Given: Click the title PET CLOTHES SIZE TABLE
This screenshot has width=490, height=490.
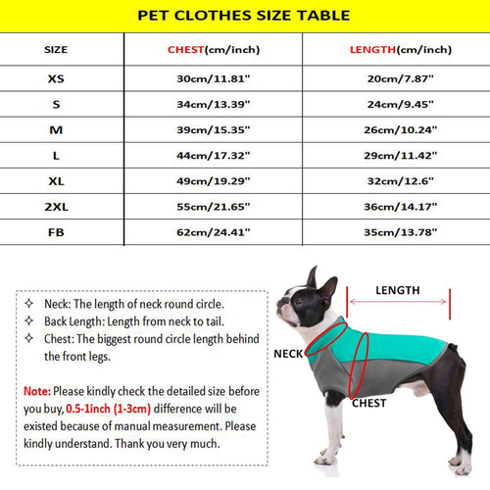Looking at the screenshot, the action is (243, 16).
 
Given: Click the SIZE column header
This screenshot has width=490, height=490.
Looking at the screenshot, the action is (57, 49).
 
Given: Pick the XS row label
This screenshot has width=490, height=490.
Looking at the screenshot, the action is (57, 77).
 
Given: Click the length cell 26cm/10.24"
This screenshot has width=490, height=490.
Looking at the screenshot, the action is (402, 129).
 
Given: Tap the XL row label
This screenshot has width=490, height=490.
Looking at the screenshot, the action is (57, 180).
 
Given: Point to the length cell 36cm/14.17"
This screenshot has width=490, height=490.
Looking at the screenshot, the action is (402, 206).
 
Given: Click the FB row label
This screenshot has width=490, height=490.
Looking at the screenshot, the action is (57, 232).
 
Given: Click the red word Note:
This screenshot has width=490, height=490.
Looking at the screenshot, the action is (37, 390).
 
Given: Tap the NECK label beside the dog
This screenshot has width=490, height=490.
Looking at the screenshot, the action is (288, 354).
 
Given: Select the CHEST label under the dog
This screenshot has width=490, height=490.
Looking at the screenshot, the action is (369, 403).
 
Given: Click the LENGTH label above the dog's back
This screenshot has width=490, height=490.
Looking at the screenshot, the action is (397, 290).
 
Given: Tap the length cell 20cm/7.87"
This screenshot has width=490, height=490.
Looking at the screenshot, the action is (402, 77).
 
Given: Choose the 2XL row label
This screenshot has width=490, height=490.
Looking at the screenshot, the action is (57, 206).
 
